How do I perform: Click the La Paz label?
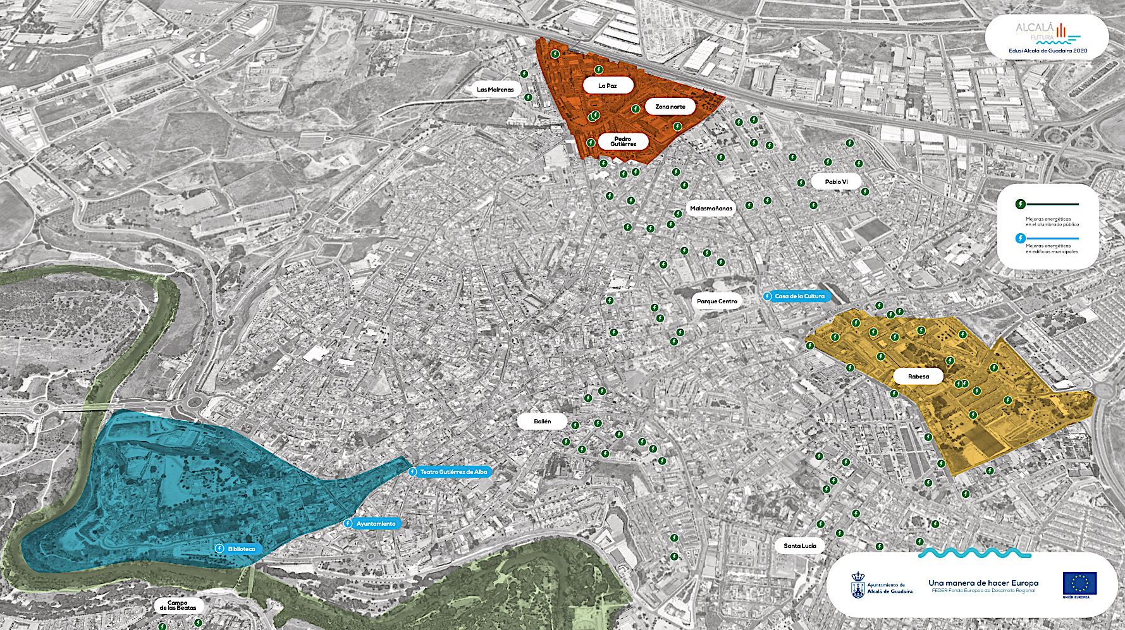(x=607, y=86)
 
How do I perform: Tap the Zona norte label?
(x=670, y=107)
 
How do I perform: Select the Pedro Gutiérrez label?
(x=623, y=142)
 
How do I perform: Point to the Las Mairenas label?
(x=495, y=90)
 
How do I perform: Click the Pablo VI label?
(x=836, y=182)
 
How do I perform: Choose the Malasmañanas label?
(x=711, y=209)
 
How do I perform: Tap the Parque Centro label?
(x=716, y=301)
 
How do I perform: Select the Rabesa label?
(x=918, y=377)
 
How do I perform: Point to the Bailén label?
(x=542, y=421)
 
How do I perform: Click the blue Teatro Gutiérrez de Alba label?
(x=453, y=472)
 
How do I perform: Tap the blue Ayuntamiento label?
(x=375, y=524)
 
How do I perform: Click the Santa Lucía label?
(x=799, y=546)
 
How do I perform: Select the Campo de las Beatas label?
(x=178, y=605)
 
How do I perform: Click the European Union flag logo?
(x=1079, y=584)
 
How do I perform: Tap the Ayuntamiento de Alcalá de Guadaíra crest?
(x=858, y=586)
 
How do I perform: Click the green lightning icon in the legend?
(x=1020, y=204)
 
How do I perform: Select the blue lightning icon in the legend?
(x=1020, y=238)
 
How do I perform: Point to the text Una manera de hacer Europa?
(x=983, y=583)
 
